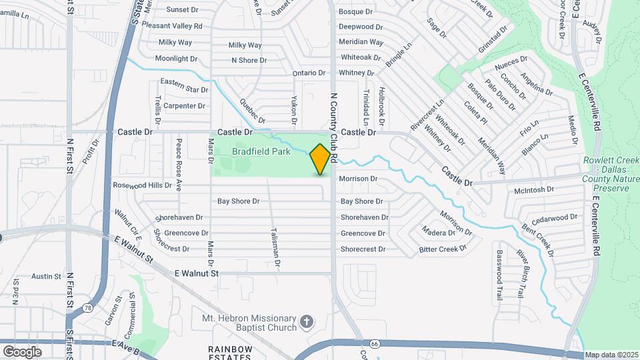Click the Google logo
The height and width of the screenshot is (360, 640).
[22, 351]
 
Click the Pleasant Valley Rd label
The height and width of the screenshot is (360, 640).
[171, 26]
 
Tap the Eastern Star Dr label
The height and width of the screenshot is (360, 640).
[185, 89]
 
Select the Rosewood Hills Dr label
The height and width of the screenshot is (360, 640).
[142, 185]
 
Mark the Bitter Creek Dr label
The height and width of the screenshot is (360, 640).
[443, 249]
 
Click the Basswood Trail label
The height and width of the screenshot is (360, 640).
[499, 275]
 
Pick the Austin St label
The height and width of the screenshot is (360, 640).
[46, 276]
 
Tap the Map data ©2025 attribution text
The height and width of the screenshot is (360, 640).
[611, 355]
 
